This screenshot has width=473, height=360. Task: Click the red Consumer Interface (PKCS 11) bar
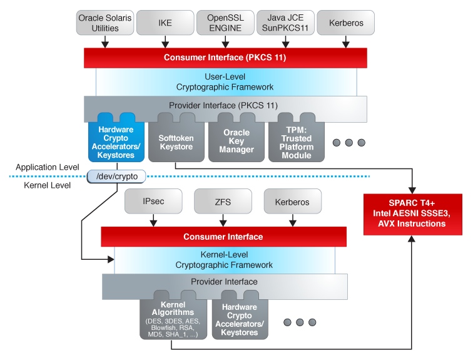(x=225, y=58)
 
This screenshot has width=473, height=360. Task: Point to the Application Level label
(x=47, y=167)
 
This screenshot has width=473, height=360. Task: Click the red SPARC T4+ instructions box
(x=413, y=214)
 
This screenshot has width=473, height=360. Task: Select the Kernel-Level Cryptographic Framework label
(x=223, y=260)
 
